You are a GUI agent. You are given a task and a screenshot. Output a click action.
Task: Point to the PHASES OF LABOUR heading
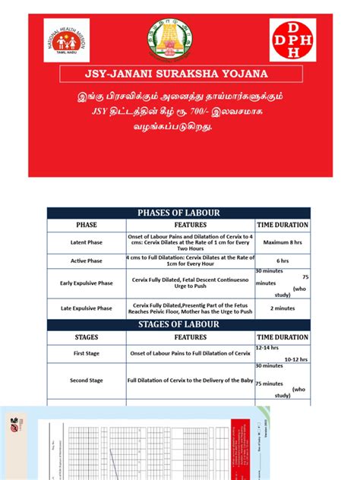click(x=178, y=212)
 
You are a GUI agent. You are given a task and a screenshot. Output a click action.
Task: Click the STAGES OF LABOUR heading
click(x=178, y=324)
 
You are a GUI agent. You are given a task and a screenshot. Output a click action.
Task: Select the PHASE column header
click(x=86, y=225)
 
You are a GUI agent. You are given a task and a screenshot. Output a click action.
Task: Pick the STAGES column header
click(x=86, y=336)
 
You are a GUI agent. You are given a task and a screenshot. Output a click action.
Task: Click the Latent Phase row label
click(x=86, y=242)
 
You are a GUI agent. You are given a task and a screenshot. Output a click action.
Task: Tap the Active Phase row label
click(x=86, y=261)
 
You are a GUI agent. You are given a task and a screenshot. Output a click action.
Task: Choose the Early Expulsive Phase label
click(x=86, y=283)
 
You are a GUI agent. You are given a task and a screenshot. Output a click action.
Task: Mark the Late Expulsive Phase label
click(x=86, y=308)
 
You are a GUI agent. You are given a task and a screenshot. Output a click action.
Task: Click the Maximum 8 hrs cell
click(x=282, y=242)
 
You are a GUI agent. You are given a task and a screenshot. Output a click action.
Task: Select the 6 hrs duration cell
click(x=282, y=261)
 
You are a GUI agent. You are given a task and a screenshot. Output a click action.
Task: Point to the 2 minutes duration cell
click(x=282, y=308)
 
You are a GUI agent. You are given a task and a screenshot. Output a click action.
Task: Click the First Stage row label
click(x=86, y=354)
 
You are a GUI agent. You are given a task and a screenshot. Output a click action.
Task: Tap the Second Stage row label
click(x=86, y=380)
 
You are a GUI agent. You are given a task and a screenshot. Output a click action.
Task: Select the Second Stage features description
click(x=190, y=380)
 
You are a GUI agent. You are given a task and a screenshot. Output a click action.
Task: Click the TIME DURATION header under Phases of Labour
click(x=282, y=225)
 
